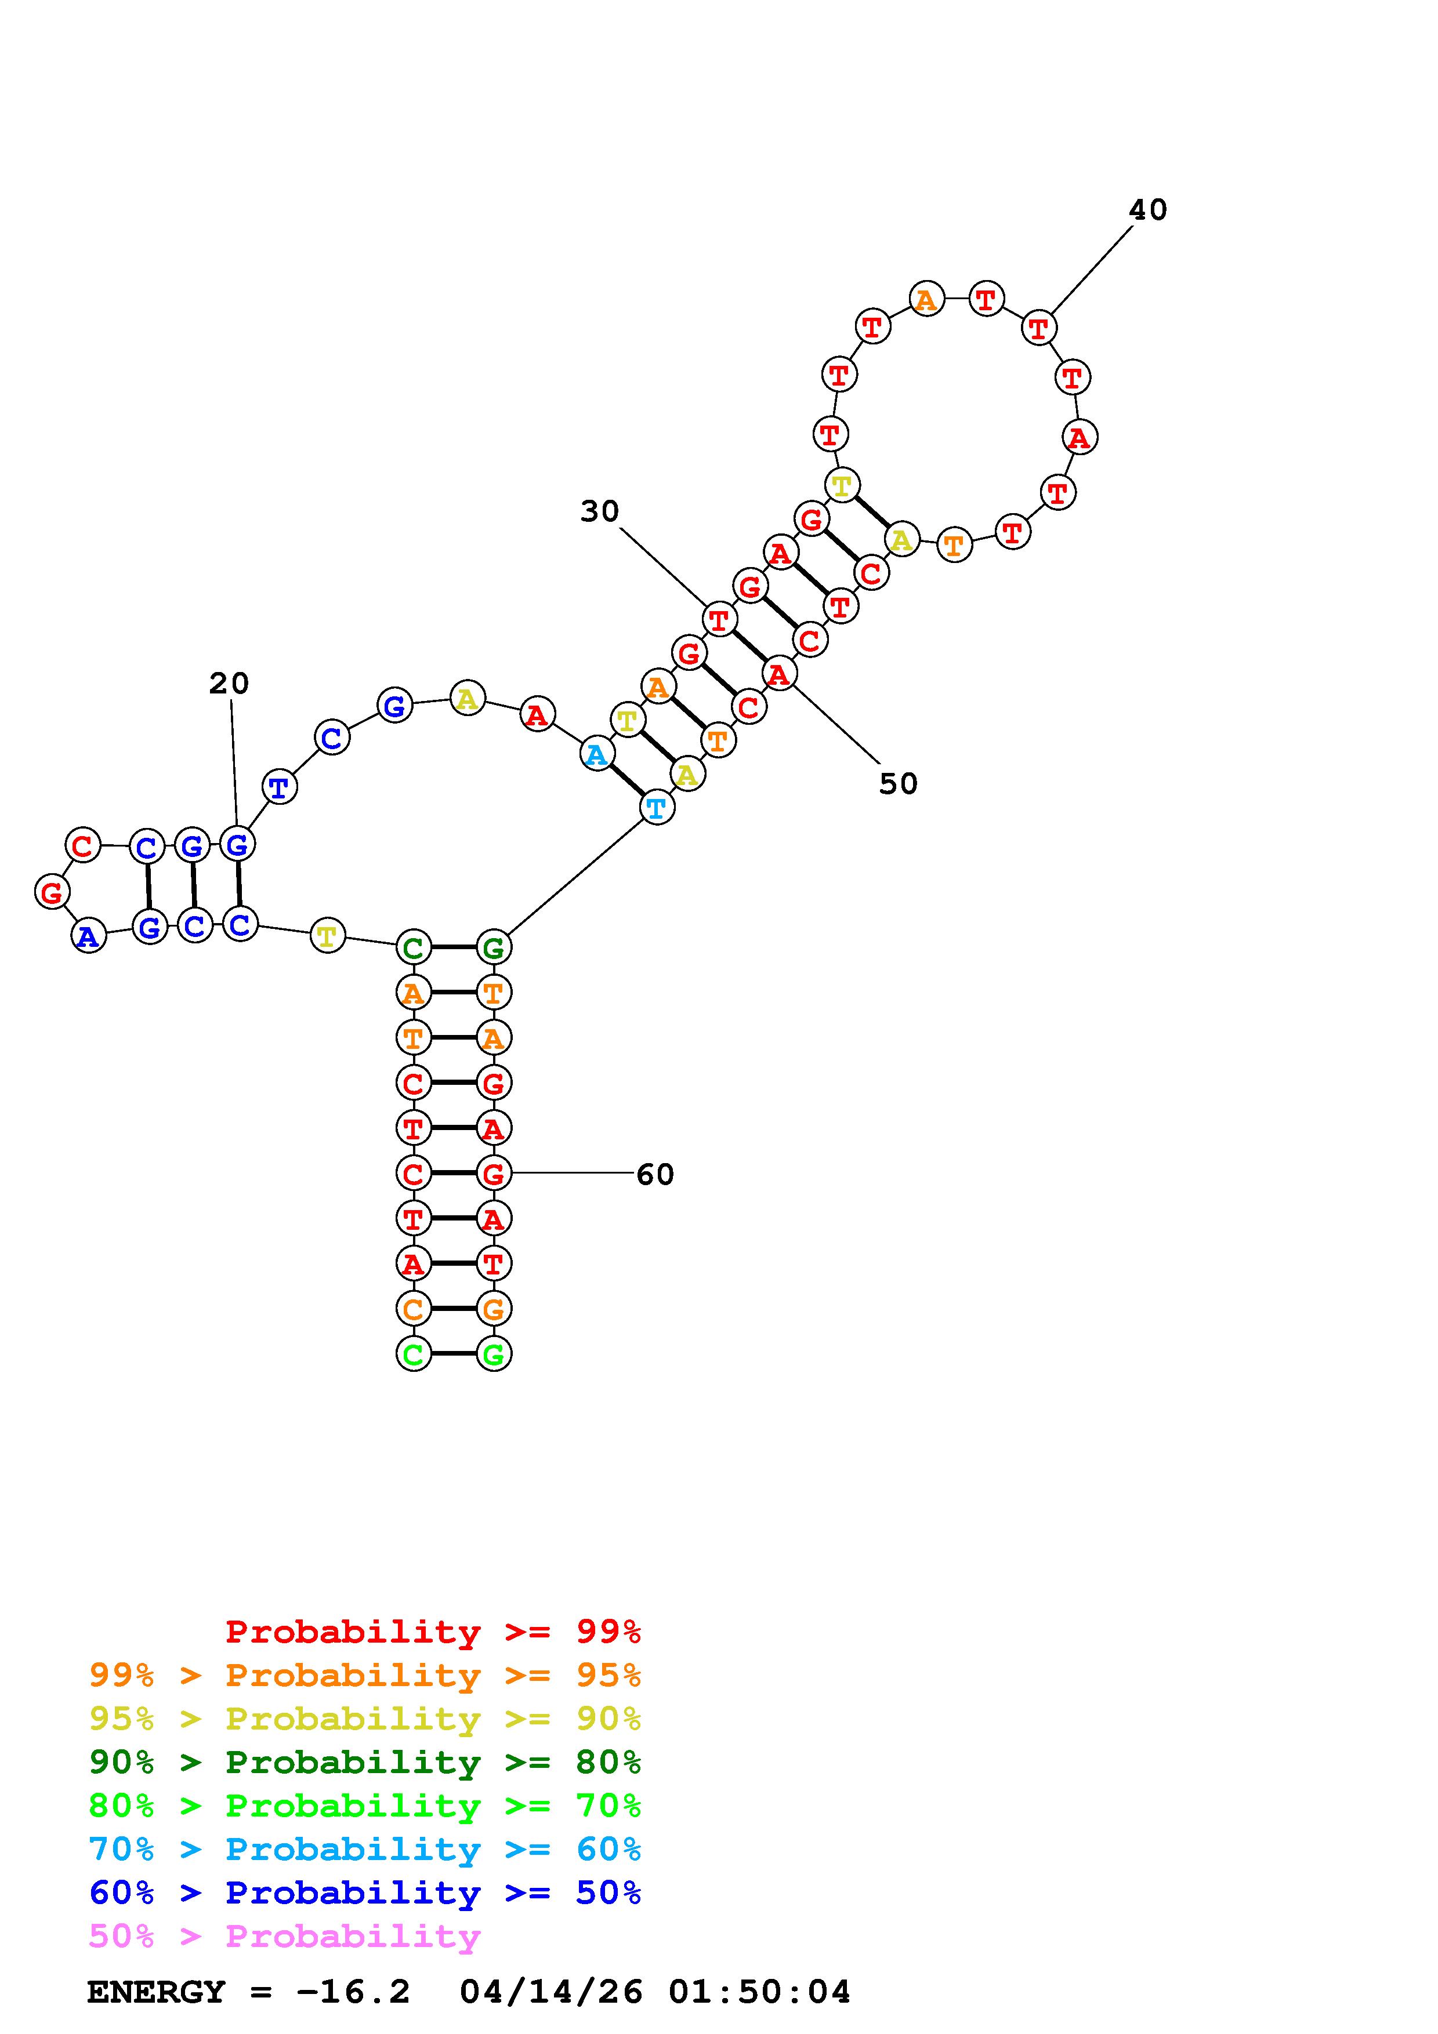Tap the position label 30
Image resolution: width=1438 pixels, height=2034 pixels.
click(x=599, y=511)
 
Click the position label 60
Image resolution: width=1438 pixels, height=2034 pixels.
click(x=655, y=1175)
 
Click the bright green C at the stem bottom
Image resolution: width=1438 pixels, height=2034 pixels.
click(x=413, y=1354)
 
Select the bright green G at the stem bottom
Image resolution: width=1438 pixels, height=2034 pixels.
click(x=494, y=1354)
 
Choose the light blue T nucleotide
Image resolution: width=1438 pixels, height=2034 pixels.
click(x=657, y=807)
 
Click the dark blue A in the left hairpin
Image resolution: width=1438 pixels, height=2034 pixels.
click(x=88, y=935)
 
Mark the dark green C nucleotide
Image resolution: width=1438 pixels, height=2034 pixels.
click(x=413, y=948)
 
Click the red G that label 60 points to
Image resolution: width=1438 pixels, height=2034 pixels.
click(x=494, y=1174)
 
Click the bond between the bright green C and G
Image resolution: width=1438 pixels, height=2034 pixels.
click(x=454, y=1354)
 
